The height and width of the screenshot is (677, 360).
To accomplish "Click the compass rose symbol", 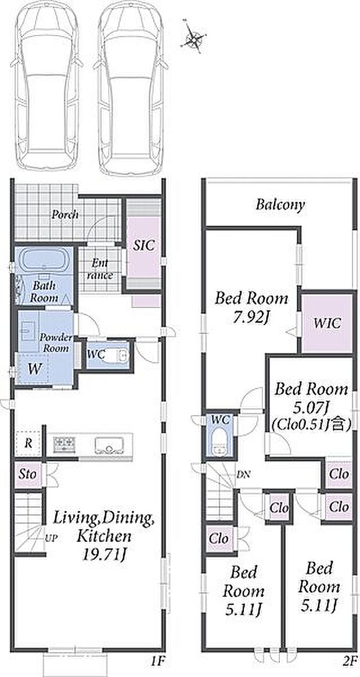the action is pyautogui.click(x=195, y=39).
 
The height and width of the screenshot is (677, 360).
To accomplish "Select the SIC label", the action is pyautogui.click(x=143, y=246).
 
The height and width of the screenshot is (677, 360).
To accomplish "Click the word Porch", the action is pyautogui.click(x=66, y=214).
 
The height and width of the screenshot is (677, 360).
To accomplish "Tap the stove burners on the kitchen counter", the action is pyautogui.click(x=64, y=444).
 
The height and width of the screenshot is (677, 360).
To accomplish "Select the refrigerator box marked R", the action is pyautogui.click(x=28, y=444).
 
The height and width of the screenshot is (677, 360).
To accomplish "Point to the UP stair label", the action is pyautogui.click(x=52, y=538).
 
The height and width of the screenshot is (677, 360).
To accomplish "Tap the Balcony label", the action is pyautogui.click(x=280, y=204).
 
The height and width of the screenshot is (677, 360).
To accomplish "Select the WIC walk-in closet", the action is pyautogui.click(x=327, y=323).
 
